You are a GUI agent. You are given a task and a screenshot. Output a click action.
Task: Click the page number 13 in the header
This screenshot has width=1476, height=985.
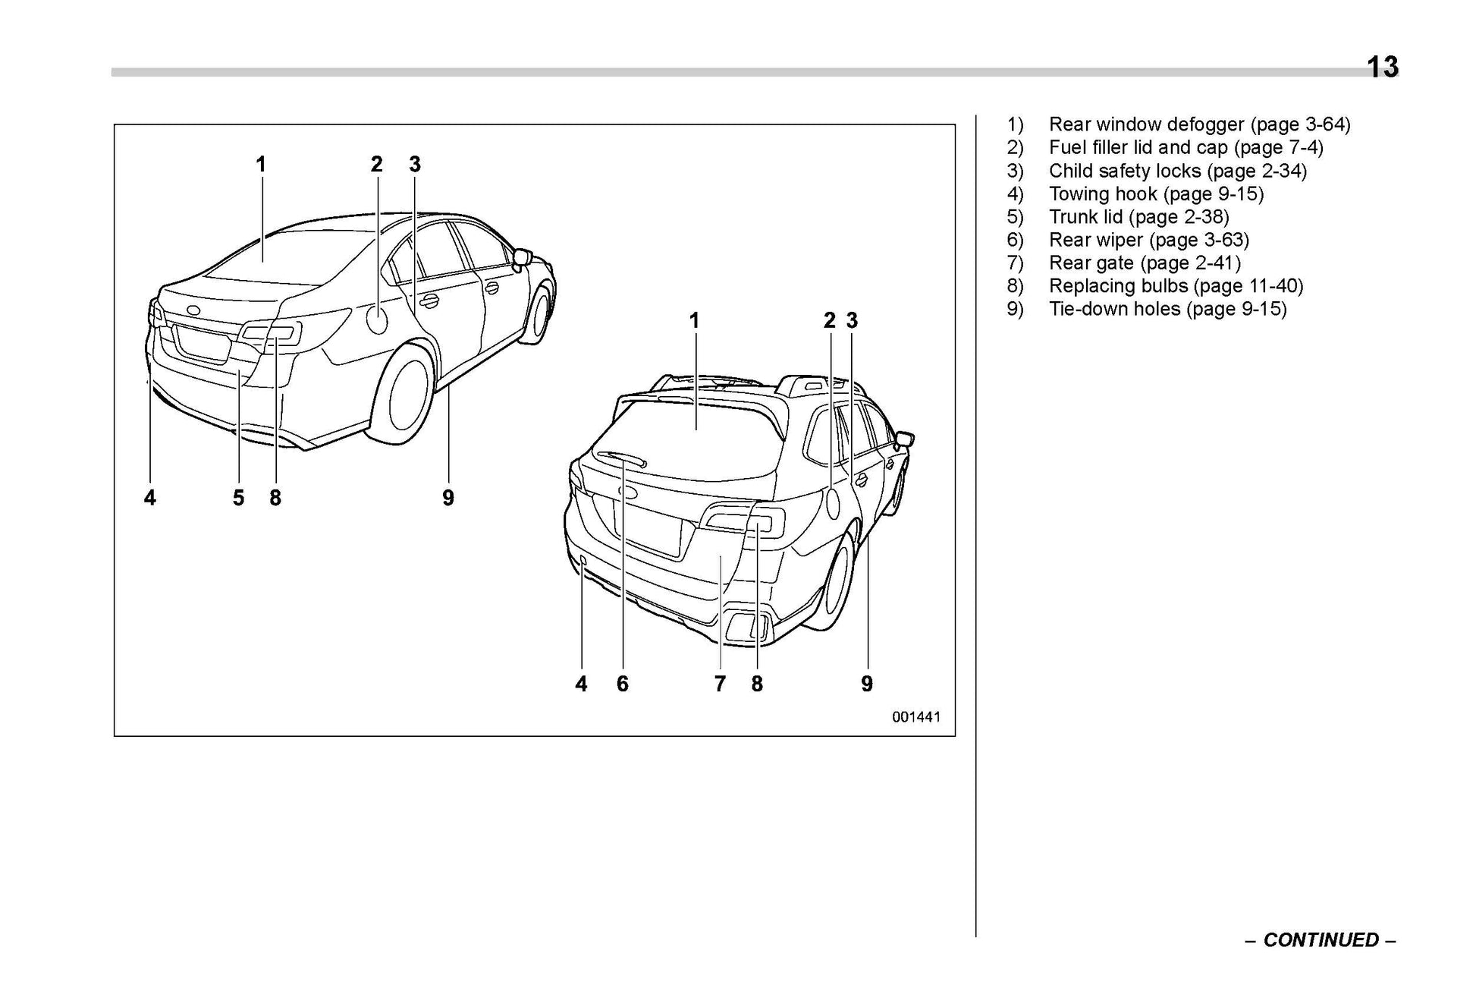1382,67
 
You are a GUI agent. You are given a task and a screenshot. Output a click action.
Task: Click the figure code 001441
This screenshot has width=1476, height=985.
915,717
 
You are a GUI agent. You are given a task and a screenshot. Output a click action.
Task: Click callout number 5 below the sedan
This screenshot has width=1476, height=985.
238,498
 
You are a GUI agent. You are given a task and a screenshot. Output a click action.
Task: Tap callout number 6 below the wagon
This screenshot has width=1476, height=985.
622,684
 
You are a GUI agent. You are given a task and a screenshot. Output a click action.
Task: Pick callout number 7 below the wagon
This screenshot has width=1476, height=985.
720,684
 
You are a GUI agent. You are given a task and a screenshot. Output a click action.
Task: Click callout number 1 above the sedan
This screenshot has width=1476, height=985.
261,164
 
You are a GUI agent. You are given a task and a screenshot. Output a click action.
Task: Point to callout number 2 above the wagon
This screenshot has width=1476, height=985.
830,320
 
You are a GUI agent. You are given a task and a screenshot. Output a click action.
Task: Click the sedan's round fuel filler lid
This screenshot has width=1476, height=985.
377,318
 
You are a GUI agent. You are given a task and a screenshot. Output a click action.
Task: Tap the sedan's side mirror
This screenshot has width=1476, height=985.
522,256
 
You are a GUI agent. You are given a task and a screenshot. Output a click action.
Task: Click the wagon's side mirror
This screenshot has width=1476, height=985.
904,439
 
